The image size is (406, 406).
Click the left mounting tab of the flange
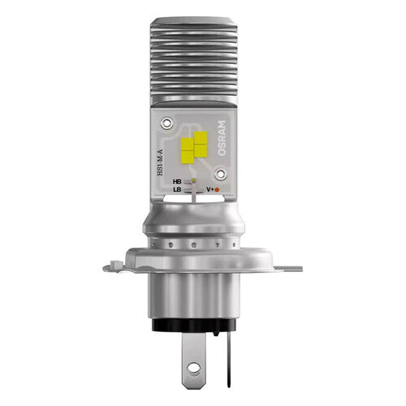(116, 264)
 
